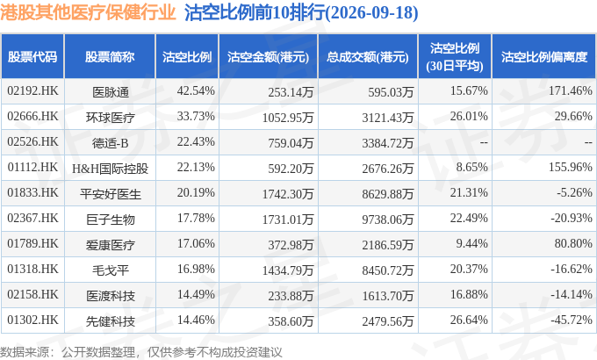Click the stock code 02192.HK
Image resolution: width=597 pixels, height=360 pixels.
(32, 90)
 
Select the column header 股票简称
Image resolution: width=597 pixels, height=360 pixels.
(110, 57)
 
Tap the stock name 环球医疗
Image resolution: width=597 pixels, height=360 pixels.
(110, 118)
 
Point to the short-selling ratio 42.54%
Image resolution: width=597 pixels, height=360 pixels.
(196, 90)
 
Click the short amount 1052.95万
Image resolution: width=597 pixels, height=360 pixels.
(288, 118)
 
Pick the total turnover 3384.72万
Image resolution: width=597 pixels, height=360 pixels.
(387, 143)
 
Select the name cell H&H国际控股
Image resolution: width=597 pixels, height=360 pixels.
(110, 169)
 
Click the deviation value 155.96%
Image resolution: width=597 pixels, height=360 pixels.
(571, 167)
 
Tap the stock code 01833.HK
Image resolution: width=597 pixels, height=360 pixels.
(32, 192)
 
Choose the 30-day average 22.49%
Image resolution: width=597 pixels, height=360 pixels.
(469, 218)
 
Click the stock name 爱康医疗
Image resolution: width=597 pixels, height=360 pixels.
(110, 245)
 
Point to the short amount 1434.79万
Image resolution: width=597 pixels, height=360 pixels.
(288, 270)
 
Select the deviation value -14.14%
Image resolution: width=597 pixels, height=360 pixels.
(572, 294)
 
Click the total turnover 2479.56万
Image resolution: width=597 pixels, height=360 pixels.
(387, 321)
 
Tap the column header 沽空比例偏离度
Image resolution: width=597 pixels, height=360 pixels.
(544, 57)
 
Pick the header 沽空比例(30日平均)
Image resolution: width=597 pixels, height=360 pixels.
(455, 57)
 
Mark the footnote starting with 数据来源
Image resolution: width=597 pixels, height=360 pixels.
(141, 352)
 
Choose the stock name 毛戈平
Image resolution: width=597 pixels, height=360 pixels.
(110, 270)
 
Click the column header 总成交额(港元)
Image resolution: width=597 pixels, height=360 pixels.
(367, 57)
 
